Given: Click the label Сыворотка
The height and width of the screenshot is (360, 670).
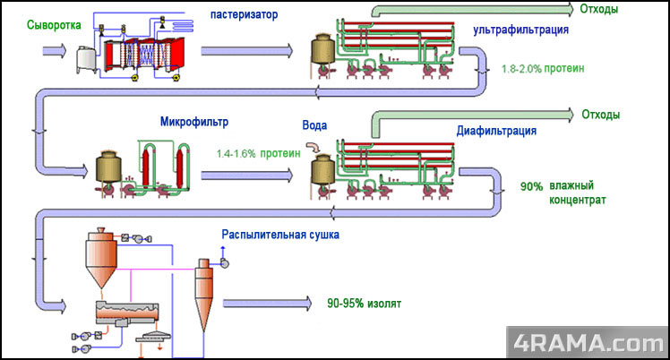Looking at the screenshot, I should pyautogui.click(x=35, y=23).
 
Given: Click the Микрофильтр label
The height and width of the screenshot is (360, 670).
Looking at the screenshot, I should pyautogui.click(x=195, y=122).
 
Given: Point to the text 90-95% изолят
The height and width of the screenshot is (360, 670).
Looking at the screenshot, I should pyautogui.click(x=365, y=304).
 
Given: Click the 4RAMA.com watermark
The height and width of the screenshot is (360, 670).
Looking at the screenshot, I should pyautogui.click(x=587, y=342).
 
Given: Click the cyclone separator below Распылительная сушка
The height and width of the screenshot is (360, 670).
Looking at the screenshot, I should pyautogui.click(x=205, y=291).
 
